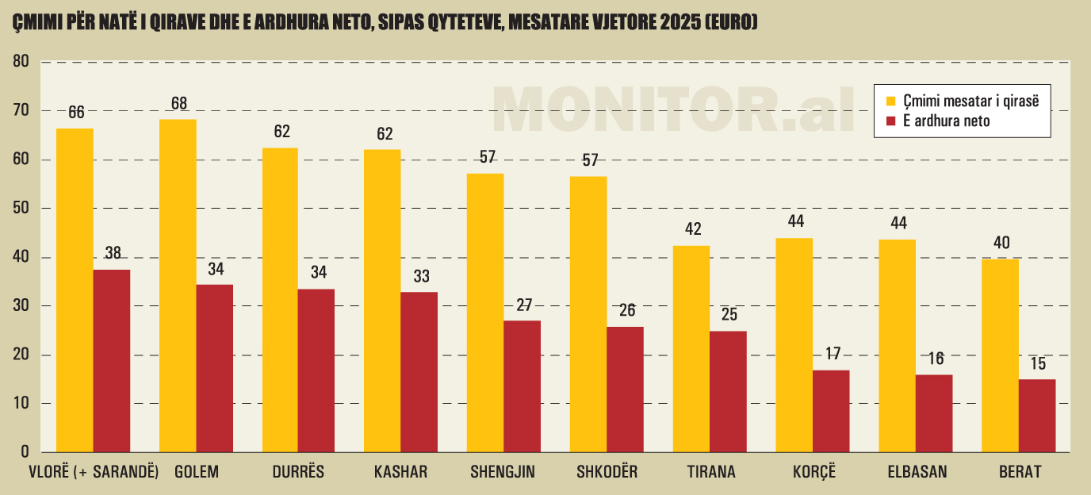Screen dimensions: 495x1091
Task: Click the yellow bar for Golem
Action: pyautogui.click(x=178, y=286)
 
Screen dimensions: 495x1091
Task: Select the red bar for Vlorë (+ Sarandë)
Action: pyautogui.click(x=112, y=361)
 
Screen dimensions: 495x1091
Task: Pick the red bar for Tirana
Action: pyautogui.click(x=728, y=392)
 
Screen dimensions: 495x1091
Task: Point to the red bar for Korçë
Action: pyautogui.click(x=831, y=411)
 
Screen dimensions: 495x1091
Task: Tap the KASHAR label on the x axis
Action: pyautogui.click(x=400, y=473)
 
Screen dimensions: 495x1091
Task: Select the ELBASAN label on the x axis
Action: pyautogui.click(x=917, y=473)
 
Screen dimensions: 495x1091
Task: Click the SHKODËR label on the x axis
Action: pyautogui.click(x=608, y=473)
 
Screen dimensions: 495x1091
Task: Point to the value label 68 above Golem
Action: pyautogui.click(x=178, y=104)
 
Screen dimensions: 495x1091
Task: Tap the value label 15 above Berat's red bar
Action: pyautogui.click(x=1037, y=365)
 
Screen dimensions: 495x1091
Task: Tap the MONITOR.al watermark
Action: pyautogui.click(x=674, y=109)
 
